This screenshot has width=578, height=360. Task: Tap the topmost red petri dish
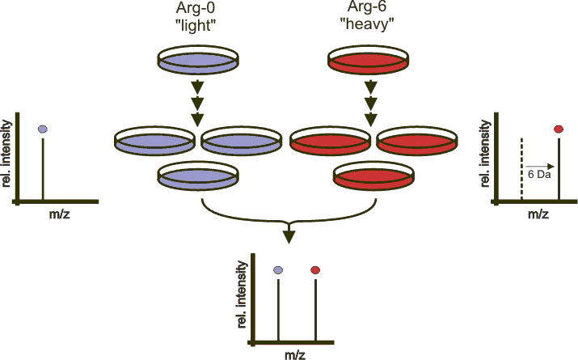point(369,60)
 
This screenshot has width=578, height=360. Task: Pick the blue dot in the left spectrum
point(43,129)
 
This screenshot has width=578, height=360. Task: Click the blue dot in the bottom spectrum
point(278,269)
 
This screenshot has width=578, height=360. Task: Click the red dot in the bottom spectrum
point(315,269)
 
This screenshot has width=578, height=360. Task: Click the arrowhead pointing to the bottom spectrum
point(289,236)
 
